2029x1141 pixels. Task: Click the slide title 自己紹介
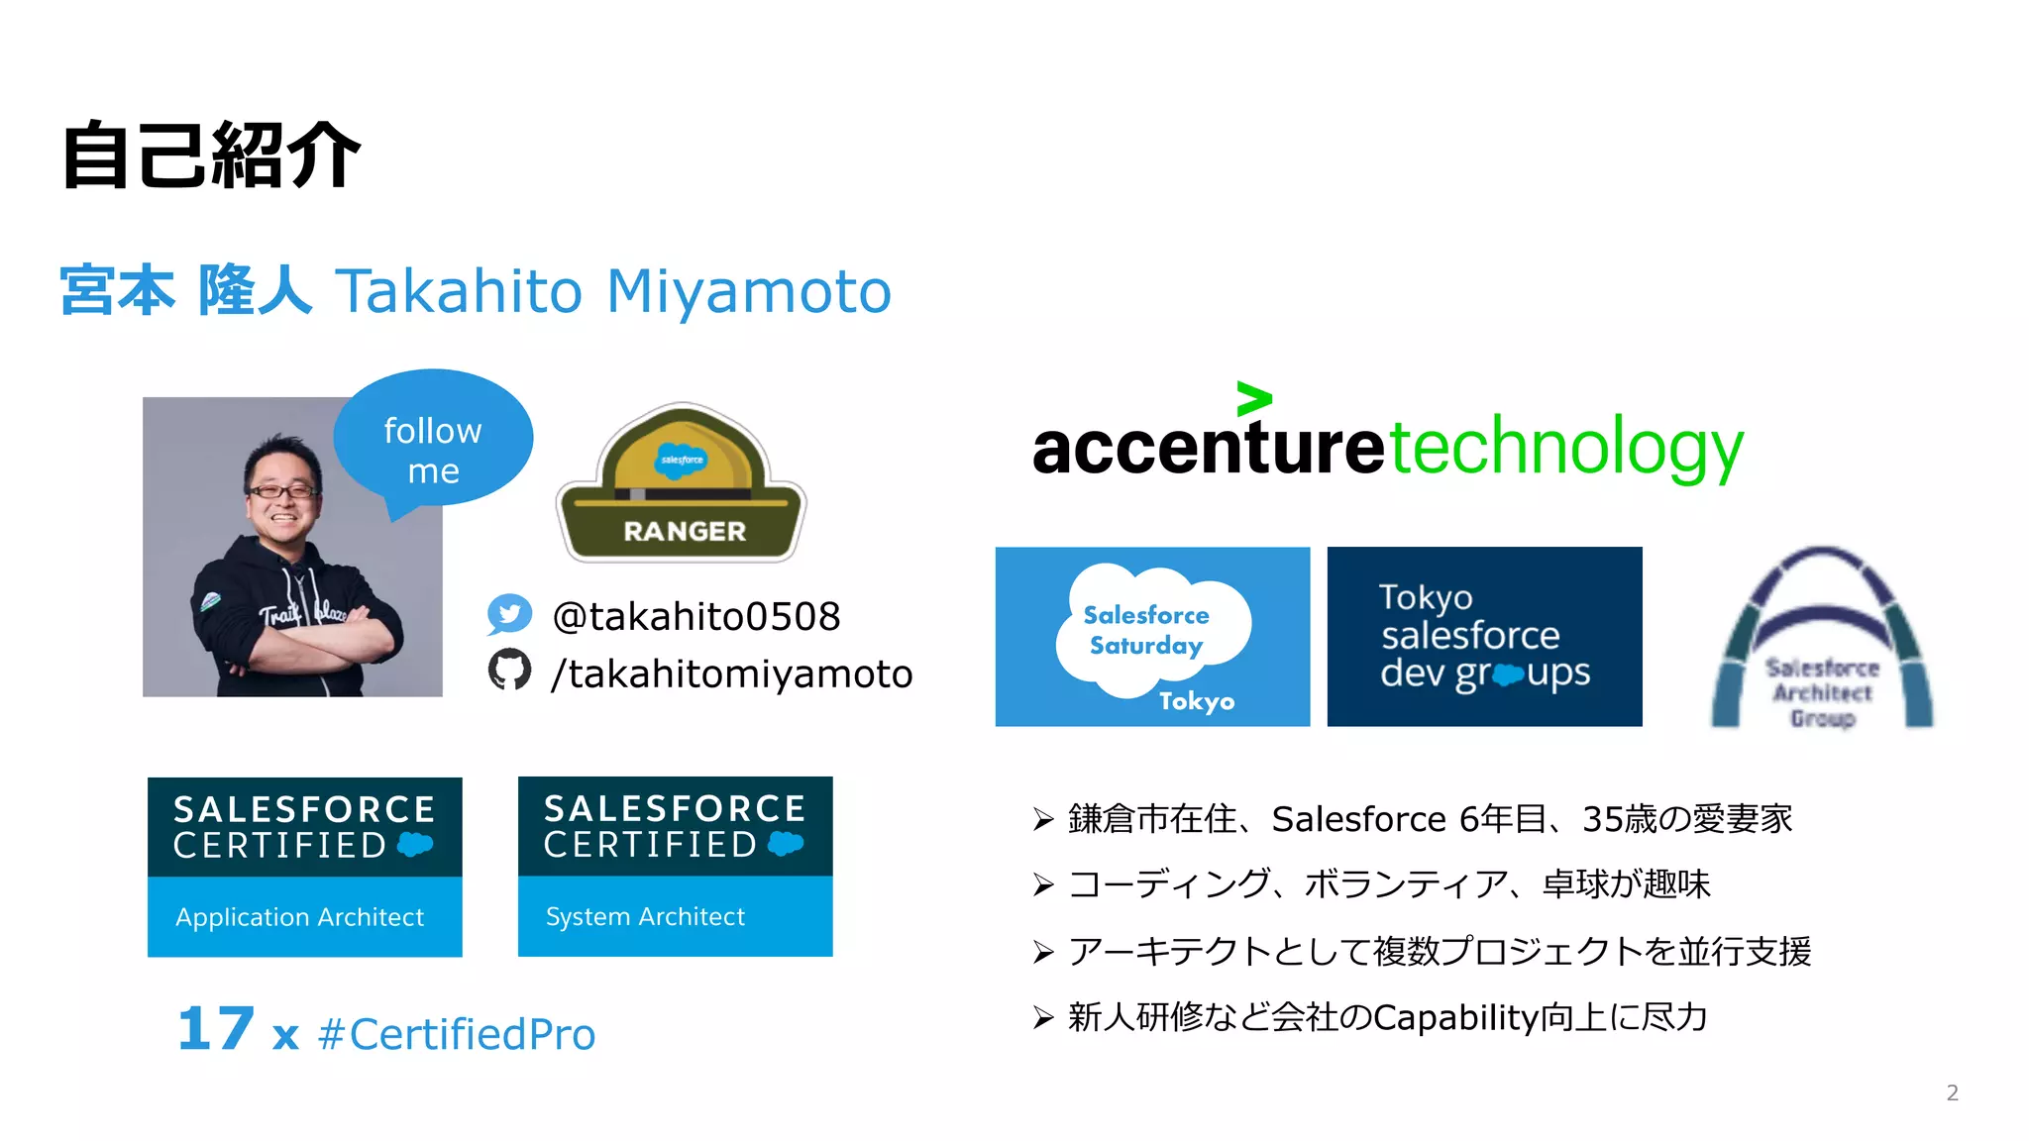(210, 156)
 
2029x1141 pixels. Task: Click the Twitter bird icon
(509, 614)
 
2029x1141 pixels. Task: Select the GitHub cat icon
(509, 671)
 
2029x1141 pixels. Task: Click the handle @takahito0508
(695, 616)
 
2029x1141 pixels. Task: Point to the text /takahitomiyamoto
(731, 674)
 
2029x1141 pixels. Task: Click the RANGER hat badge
(682, 484)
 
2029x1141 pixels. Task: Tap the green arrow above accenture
(1253, 398)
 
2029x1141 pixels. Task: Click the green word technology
(1565, 448)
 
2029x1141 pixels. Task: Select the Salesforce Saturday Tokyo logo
(1152, 636)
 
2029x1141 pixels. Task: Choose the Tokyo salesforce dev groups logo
(1484, 636)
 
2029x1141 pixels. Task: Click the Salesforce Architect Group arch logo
(1822, 639)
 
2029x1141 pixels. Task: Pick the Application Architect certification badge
(304, 867)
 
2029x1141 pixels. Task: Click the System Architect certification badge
(675, 867)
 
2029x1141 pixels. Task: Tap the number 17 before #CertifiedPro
(216, 1029)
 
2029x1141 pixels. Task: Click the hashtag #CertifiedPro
(457, 1034)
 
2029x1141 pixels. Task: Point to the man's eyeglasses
(282, 490)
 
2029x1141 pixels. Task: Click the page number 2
(1952, 1092)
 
